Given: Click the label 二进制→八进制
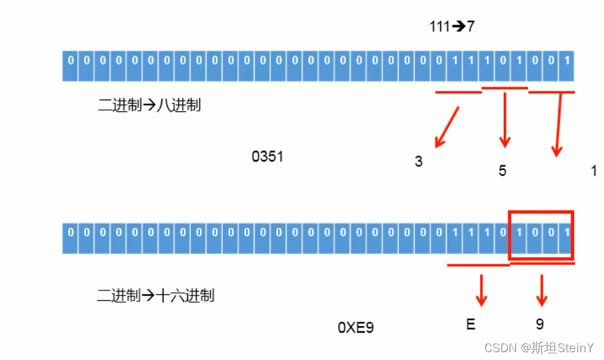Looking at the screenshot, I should [150, 105].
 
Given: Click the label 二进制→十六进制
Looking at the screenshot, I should [156, 296].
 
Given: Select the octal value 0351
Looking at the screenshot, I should [268, 157].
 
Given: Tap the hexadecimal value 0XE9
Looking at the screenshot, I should [355, 327].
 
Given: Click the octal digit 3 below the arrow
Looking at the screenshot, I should [419, 161].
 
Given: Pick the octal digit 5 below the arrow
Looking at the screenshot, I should [502, 171].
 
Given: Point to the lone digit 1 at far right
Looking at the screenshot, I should [594, 171].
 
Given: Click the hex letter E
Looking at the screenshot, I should [471, 324].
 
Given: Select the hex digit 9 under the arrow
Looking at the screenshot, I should [540, 324].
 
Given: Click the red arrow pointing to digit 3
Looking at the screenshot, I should [448, 126].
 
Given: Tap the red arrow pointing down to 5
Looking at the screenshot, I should [504, 120].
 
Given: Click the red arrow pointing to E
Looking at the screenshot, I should [482, 290].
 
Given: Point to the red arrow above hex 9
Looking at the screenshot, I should [541, 290].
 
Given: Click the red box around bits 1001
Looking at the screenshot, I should [541, 235].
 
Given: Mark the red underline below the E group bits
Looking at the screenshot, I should [478, 264].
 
